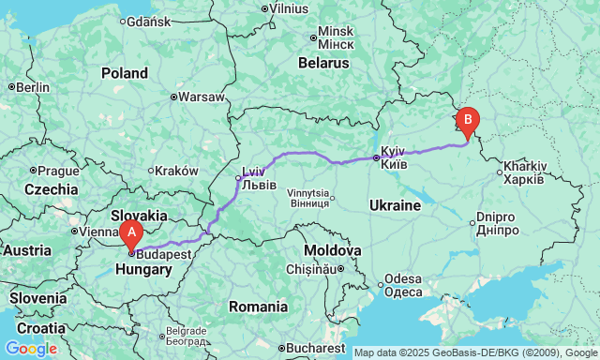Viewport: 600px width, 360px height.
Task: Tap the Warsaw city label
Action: [x=202, y=97]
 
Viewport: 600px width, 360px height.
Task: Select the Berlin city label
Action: [x=32, y=87]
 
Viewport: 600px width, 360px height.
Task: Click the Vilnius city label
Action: [x=289, y=8]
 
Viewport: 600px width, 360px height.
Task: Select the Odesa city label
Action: [x=402, y=285]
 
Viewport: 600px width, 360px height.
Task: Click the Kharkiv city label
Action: [x=523, y=172]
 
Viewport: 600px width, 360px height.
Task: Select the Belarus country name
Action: [x=322, y=64]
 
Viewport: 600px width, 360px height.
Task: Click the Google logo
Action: [x=30, y=349]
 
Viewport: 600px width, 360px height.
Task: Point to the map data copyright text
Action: [x=474, y=353]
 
